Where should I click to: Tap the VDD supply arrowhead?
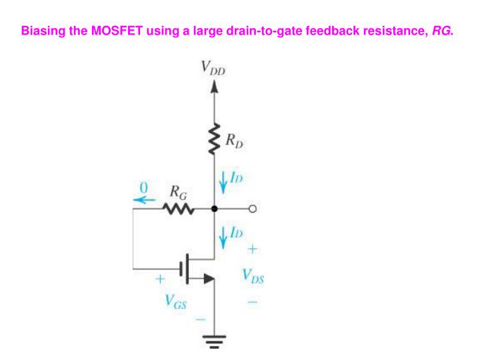pyautogui.click(x=214, y=86)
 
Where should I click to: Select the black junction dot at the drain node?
pyautogui.click(x=214, y=209)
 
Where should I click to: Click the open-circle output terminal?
pyautogui.click(x=253, y=209)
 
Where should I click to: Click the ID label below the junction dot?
pyautogui.click(x=235, y=231)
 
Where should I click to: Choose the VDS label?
pyautogui.click(x=253, y=276)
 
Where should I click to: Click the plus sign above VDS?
pyautogui.click(x=253, y=249)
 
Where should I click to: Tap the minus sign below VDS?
pyautogui.click(x=253, y=302)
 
